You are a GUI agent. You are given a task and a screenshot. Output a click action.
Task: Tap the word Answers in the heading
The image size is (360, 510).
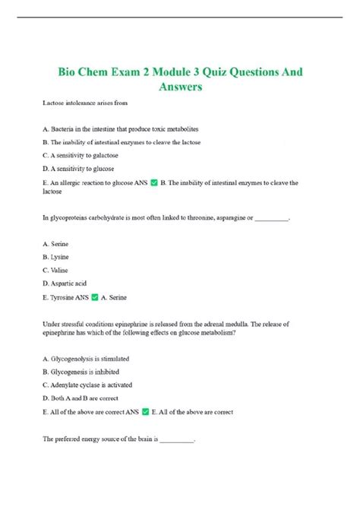[180, 88]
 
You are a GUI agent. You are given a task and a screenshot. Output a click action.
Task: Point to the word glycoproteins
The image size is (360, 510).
[71, 218]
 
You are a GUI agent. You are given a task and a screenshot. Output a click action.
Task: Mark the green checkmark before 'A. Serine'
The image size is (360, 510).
[95, 297]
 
